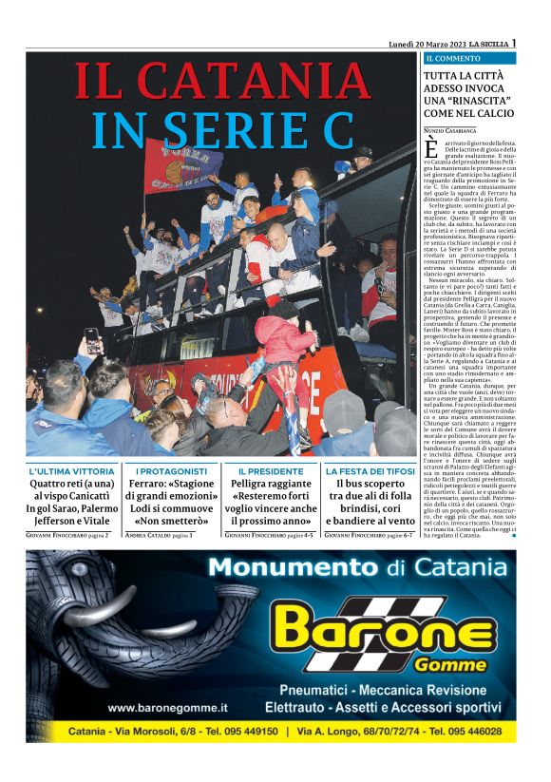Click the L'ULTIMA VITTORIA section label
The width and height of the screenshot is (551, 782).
point(72,471)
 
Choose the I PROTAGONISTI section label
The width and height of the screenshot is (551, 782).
point(171,471)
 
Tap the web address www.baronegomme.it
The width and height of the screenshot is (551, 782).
point(168,708)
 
